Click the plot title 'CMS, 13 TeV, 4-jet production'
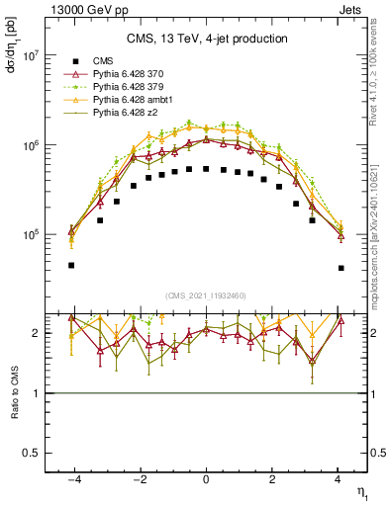click(206, 40)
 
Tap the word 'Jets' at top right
click(351, 9)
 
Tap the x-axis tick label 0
click(206, 479)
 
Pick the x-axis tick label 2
click(273, 479)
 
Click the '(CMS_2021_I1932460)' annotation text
click(206, 295)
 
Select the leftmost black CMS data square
click(71, 265)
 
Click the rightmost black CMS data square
click(340, 268)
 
